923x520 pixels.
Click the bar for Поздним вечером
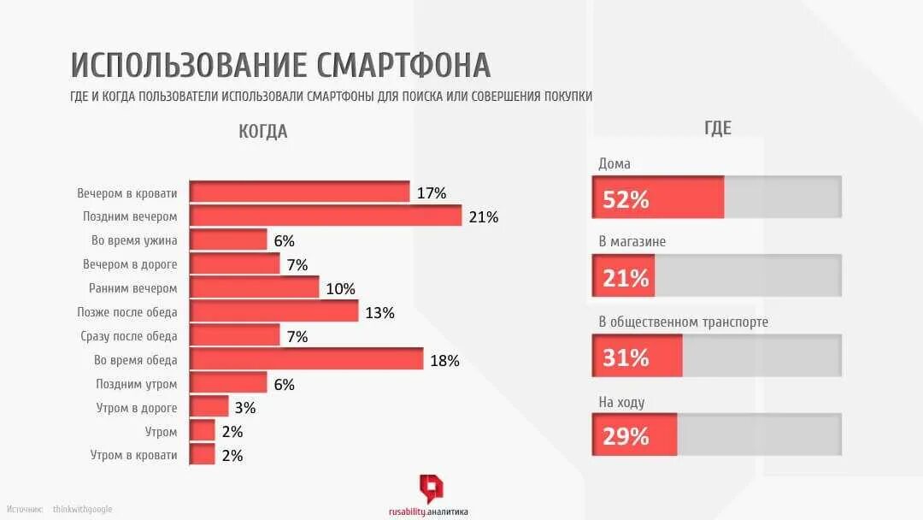pyautogui.click(x=325, y=216)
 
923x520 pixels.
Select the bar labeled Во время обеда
pyautogui.click(x=306, y=360)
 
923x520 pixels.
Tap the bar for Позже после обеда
pyautogui.click(x=273, y=312)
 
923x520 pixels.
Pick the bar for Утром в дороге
pyautogui.click(x=209, y=408)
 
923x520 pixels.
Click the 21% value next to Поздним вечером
pyautogui.click(x=483, y=217)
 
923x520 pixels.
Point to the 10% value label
pyautogui.click(x=340, y=289)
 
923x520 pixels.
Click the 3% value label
pyautogui.click(x=244, y=408)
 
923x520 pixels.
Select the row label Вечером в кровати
pyautogui.click(x=126, y=193)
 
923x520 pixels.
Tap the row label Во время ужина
pyautogui.click(x=134, y=240)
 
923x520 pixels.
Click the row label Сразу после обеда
pyautogui.click(x=129, y=336)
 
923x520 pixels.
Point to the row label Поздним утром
pyautogui.click(x=136, y=384)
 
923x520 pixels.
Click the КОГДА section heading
pyautogui.click(x=263, y=132)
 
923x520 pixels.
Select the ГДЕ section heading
pyautogui.click(x=717, y=128)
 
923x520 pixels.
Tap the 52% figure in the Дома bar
pyautogui.click(x=626, y=200)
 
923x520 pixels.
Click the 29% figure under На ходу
pyautogui.click(x=626, y=437)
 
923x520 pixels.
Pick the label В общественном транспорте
pyautogui.click(x=683, y=322)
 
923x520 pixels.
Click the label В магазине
pyautogui.click(x=632, y=242)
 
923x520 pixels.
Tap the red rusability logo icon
pyautogui.click(x=431, y=487)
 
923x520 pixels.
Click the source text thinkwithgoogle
pyautogui.click(x=82, y=510)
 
